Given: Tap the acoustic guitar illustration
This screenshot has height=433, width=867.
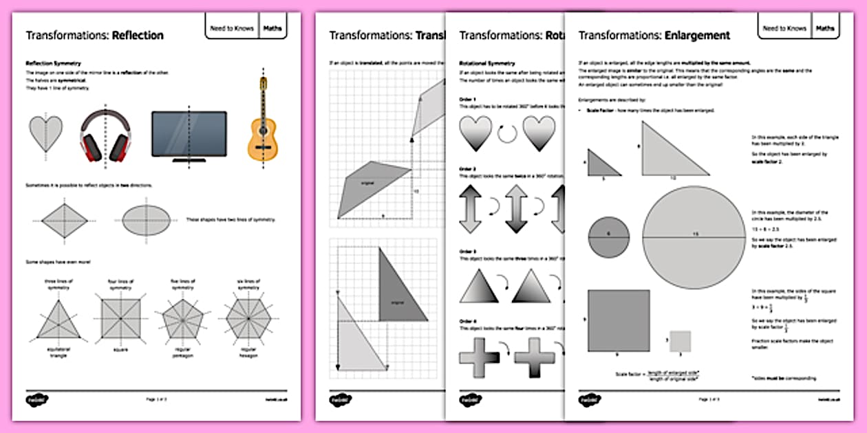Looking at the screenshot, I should coord(261,124).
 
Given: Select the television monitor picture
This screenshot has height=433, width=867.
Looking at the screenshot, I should coord(189,135).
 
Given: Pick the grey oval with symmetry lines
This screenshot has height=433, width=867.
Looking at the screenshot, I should coord(145,220).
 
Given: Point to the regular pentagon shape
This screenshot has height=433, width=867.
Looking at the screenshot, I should coord(183,320).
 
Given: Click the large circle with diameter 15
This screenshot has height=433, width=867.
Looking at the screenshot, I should coord(694,237).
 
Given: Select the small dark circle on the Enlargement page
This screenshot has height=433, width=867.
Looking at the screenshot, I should coord(608,237).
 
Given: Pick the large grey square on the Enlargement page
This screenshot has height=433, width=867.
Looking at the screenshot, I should coord(619,320).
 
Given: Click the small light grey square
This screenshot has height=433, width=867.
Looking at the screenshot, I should coord(680,342).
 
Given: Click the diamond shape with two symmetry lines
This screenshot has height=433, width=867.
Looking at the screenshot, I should coord(65,220).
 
